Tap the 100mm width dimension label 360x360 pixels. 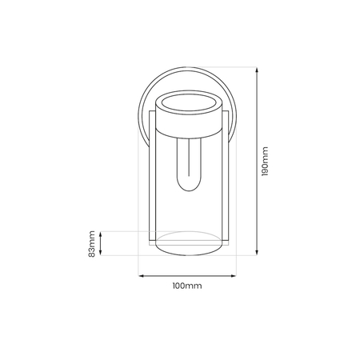(186, 286)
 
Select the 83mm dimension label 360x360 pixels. (94, 243)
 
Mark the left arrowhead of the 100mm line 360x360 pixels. (142, 276)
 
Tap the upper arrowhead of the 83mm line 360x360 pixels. (102, 233)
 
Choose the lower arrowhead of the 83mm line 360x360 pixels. (102, 254)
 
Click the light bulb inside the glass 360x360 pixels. (187, 165)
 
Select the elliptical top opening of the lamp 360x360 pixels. (186, 104)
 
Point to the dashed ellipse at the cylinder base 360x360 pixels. (186, 241)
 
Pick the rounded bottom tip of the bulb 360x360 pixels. (187, 189)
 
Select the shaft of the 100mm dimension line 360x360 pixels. (186, 276)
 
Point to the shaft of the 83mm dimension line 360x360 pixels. (102, 243)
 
